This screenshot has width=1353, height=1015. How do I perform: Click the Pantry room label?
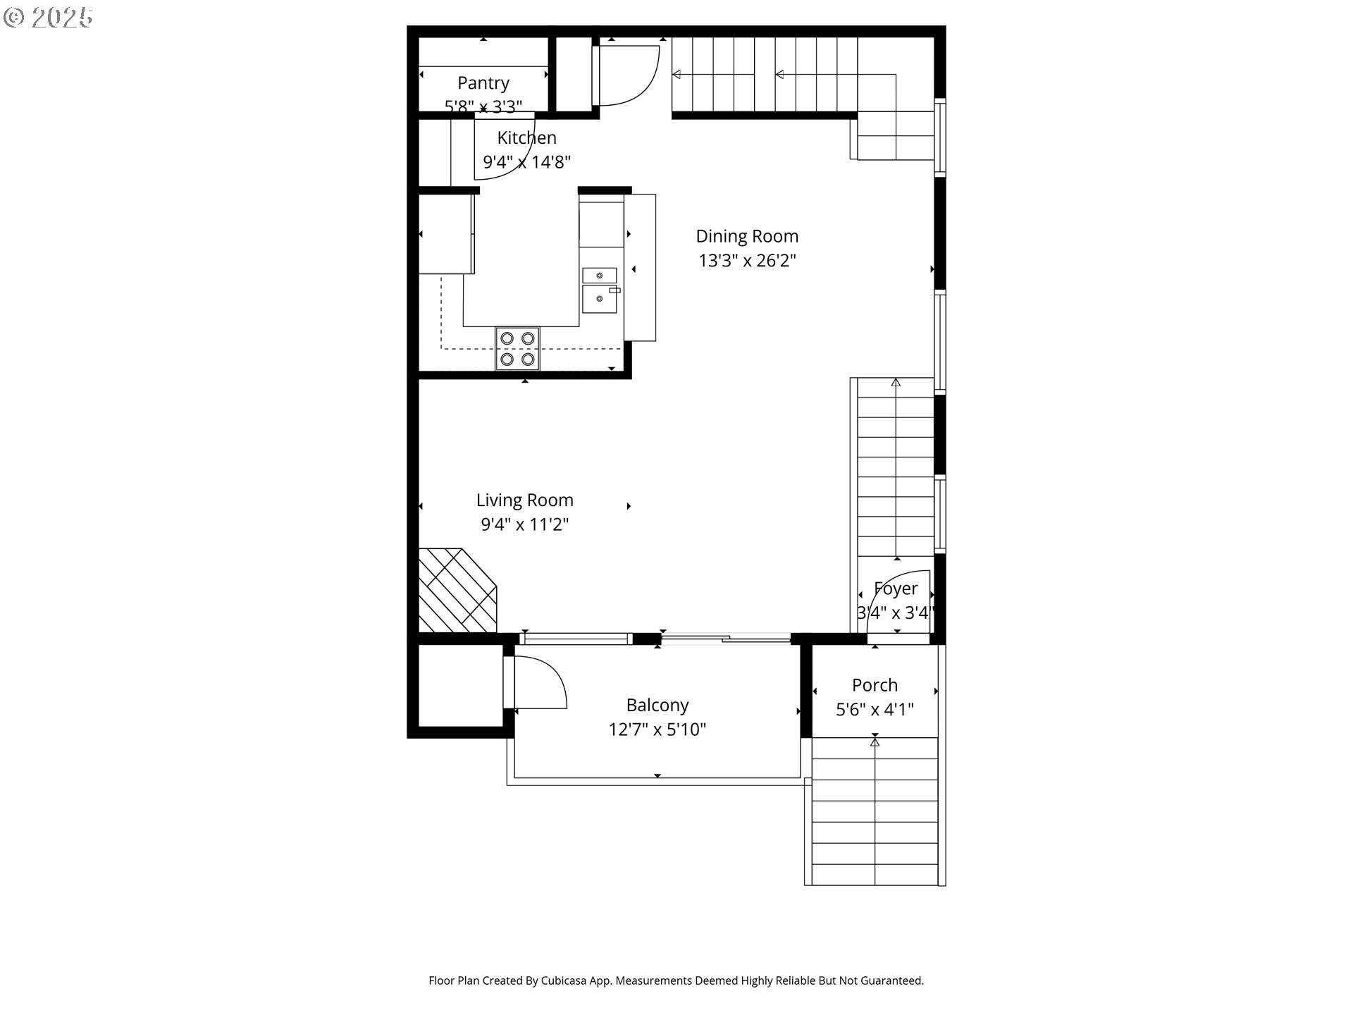483,83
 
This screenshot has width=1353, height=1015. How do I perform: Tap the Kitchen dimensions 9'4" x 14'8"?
526,162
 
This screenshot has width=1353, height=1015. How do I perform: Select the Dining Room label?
747,236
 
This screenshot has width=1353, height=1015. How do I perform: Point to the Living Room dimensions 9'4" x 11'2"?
524,524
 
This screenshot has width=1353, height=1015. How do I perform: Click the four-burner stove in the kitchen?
517,349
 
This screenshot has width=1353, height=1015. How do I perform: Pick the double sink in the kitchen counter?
600,290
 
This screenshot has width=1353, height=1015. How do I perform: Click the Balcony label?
657,705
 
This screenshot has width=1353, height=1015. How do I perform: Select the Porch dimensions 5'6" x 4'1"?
875,710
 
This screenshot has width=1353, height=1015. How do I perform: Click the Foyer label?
896,589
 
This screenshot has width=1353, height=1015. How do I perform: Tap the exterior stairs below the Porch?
875,811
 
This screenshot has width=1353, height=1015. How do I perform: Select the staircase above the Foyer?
896,469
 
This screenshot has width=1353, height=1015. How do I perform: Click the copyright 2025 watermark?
49,18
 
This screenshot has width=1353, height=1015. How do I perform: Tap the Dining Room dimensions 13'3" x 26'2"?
747,261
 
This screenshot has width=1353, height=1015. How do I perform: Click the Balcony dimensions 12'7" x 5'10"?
657,730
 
